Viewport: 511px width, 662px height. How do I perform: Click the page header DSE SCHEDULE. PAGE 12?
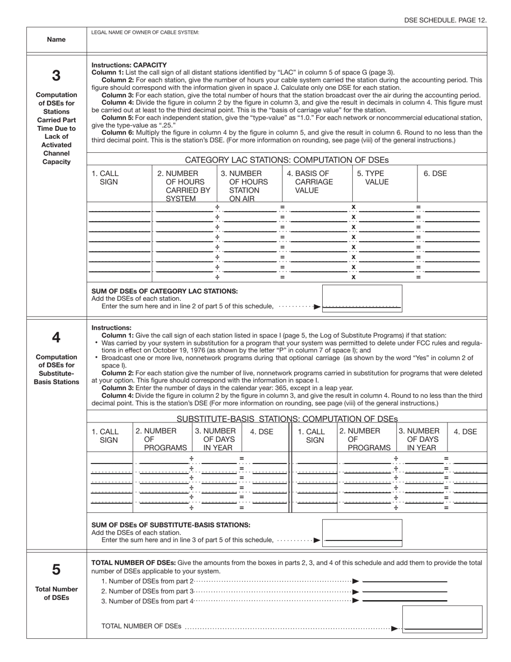pos(445,20)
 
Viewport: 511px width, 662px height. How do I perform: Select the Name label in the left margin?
pos(56,39)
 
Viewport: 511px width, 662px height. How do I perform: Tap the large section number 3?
pos(56,75)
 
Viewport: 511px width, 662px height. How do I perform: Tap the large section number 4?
pos(56,337)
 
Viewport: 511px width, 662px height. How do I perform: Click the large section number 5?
pos(56,569)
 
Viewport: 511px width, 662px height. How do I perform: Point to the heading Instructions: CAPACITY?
pos(129,65)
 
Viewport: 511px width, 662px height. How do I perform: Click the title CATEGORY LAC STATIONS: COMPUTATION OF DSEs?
pos(287,160)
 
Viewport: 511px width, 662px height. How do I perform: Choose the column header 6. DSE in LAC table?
pos(435,173)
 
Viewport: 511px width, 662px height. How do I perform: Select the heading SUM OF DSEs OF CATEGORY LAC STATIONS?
pos(165,291)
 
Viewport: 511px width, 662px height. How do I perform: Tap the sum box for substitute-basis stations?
pos(361,532)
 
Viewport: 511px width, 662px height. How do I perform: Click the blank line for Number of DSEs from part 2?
pos(405,582)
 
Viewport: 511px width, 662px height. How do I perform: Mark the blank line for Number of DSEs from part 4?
pos(405,601)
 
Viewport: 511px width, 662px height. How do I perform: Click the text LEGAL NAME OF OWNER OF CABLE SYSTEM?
pos(145,32)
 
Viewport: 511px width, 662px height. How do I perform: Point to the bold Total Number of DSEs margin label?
pos(56,593)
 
